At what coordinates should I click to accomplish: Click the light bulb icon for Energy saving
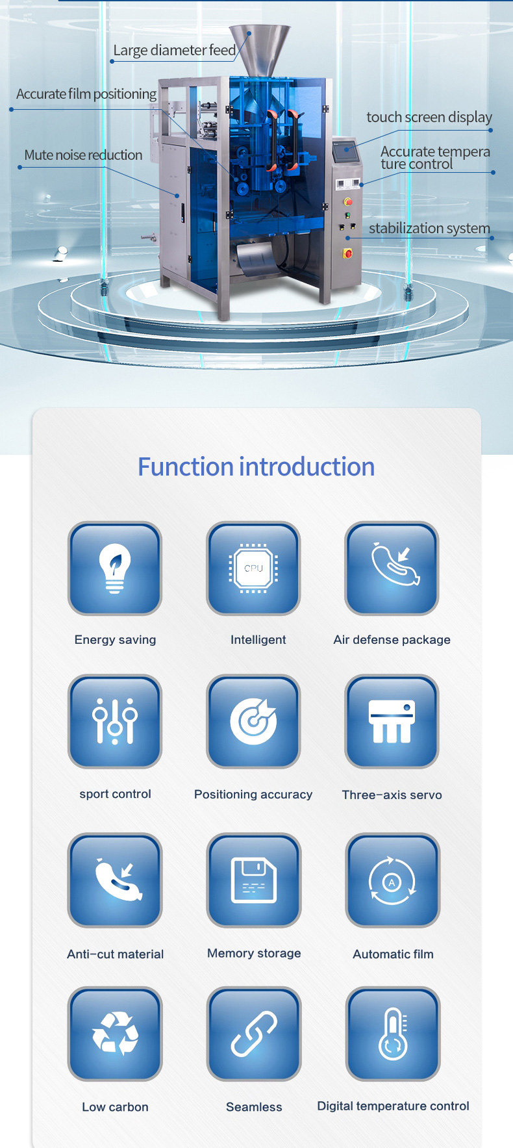(115, 568)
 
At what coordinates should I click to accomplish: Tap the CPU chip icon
(253, 568)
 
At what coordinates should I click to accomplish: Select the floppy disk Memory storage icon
(254, 880)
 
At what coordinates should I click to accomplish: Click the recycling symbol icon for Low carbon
(115, 1034)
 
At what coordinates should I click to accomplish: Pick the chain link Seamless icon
(254, 1034)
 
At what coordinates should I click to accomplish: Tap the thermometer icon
(393, 1034)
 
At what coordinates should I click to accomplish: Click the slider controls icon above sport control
(115, 721)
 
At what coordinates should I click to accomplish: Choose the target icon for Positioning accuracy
(253, 721)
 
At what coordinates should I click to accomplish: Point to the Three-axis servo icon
(392, 721)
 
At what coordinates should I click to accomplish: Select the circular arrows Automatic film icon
(393, 880)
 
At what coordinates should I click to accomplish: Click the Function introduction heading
(256, 466)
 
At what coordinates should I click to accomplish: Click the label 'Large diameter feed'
(175, 50)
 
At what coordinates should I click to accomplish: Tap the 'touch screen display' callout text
(429, 117)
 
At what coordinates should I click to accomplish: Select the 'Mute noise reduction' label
(83, 155)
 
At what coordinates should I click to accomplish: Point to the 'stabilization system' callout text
(429, 228)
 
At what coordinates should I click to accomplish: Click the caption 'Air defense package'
(392, 639)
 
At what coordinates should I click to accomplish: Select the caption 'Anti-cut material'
(115, 954)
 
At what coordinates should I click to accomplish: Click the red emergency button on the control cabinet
(348, 253)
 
